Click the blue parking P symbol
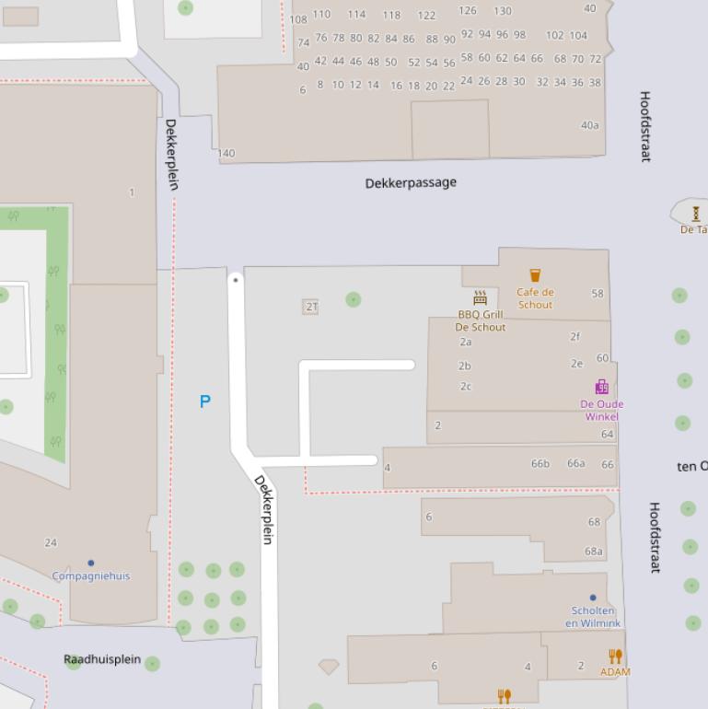coord(204,401)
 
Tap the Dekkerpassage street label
coord(411,182)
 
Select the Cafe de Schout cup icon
coord(535,275)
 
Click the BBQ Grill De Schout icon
coord(480,297)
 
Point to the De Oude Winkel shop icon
coord(601,387)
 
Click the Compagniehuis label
coord(90,576)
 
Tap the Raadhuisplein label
coord(102,659)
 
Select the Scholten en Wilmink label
coord(593,617)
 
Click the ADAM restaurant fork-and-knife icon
coord(615,657)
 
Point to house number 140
coord(226,154)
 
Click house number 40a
coord(589,125)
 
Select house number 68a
coord(594,552)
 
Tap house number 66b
coord(540,463)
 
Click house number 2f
coord(575,336)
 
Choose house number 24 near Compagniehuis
coord(51,542)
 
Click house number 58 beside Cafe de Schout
coord(598,294)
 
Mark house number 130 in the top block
coord(502,11)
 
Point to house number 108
coord(298,19)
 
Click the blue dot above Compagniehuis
coord(90,563)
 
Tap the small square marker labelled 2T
coord(310,307)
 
